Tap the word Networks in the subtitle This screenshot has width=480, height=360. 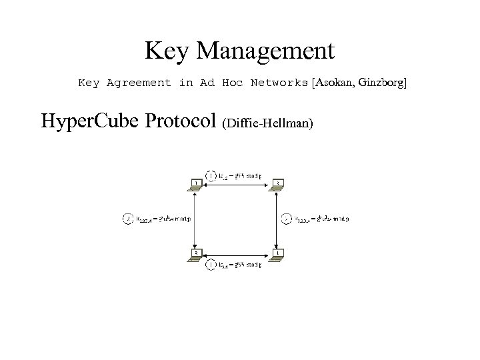coord(279,83)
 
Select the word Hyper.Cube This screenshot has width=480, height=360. coord(87,122)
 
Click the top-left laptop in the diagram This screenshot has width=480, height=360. coord(196,185)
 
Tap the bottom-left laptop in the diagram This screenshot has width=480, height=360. coord(196,255)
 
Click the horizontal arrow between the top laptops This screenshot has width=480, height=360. coord(237,189)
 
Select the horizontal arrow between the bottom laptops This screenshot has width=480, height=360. coord(237,259)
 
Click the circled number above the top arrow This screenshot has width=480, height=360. coord(211,176)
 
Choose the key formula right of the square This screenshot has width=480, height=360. coord(322,218)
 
